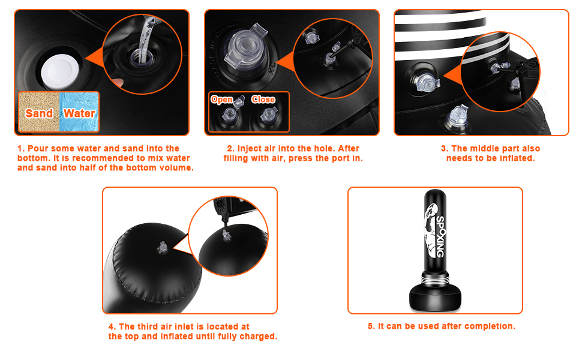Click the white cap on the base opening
60,71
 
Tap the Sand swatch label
39,113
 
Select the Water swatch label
79,113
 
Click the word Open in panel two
222,100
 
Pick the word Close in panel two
263,100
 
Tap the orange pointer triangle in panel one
94,59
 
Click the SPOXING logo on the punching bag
440,237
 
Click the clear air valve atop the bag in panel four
162,248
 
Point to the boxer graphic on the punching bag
430,230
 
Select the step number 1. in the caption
21,148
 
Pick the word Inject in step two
249,148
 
